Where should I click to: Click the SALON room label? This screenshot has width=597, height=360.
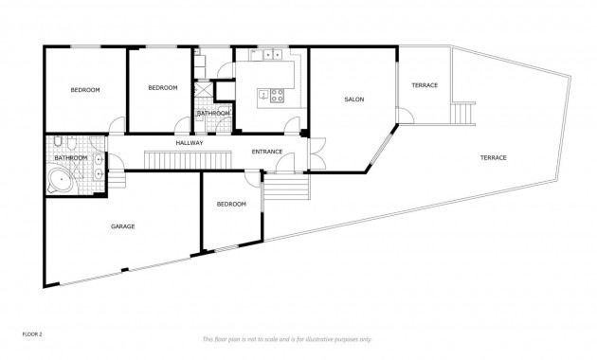(x=353, y=99)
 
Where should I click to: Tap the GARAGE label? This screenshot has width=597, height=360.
(x=122, y=226)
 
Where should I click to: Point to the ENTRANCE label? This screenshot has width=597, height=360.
(x=268, y=152)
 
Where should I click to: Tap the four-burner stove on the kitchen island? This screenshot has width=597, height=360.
(x=279, y=94)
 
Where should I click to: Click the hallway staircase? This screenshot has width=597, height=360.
(x=188, y=158)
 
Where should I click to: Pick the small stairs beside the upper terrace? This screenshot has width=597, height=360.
(x=461, y=113)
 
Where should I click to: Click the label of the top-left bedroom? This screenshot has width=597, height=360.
(x=85, y=90)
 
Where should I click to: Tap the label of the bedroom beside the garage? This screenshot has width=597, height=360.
(x=231, y=204)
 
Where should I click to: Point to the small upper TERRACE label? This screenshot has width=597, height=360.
(x=424, y=85)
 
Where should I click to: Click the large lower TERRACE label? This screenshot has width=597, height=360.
(x=493, y=156)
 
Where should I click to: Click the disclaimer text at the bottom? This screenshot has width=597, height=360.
(x=287, y=338)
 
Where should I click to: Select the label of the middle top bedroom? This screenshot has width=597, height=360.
(x=162, y=88)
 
